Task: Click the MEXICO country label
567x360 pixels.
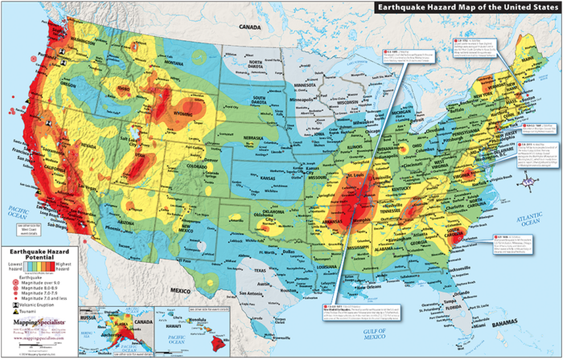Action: point(201,287)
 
